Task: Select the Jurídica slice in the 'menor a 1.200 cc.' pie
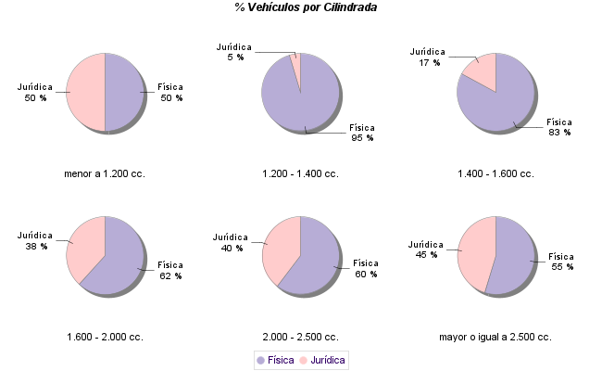86,93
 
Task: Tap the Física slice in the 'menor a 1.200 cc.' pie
124,93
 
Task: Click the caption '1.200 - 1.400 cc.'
300,173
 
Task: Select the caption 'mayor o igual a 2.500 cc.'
495,337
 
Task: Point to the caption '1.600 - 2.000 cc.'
105,337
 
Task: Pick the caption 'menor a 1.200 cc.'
105,173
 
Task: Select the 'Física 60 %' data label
366,268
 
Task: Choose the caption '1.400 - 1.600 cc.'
495,173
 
